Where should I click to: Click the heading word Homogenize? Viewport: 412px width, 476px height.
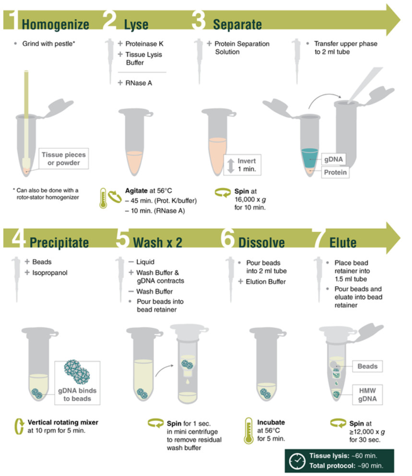pos(56,24)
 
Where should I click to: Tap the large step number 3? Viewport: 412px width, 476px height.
pos(199,20)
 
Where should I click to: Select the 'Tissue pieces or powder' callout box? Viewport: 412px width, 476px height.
pos(64,158)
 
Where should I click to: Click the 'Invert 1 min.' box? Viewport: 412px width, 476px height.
pos(242,165)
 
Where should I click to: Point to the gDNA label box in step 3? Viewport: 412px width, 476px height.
pos(333,159)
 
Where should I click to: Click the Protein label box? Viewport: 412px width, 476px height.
pos(335,172)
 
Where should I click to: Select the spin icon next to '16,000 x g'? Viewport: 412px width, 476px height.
pos(223,192)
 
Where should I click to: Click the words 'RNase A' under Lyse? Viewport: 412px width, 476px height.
pos(139,83)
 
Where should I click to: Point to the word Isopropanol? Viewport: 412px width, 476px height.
pos(50,273)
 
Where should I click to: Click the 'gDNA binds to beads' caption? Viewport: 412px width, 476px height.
pos(77,394)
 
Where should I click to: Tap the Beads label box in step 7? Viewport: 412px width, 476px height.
pos(367,366)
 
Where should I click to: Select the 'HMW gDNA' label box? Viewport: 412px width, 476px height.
pos(367,394)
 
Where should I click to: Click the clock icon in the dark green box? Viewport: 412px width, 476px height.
pos(297,461)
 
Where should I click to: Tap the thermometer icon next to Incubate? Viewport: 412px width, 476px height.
pos(249,430)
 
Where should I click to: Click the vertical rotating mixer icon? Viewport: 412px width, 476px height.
pos(19,426)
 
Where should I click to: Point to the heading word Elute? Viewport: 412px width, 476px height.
pos(343,242)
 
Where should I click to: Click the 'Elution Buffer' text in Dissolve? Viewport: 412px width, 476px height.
pos(266,282)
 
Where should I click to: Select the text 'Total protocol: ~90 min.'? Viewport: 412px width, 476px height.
pos(346,465)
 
